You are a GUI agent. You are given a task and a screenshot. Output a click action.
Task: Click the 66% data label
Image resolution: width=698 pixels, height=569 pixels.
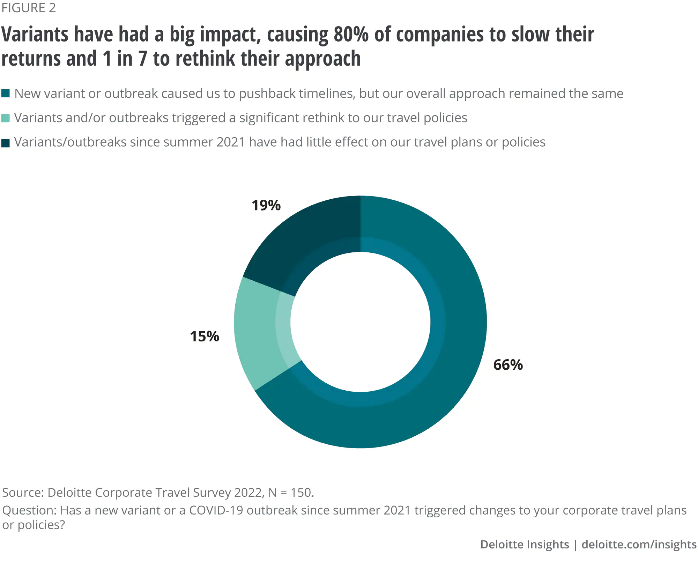tap(508, 365)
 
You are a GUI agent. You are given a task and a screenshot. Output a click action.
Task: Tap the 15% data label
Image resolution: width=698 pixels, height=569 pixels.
tap(205, 337)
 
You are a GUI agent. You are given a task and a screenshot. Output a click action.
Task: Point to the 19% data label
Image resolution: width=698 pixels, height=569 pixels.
tap(266, 205)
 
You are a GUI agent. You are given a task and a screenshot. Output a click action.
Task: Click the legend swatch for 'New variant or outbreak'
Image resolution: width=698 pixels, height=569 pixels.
tap(6, 94)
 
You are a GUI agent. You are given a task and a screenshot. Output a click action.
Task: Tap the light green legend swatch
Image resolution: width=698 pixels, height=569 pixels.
tap(6, 118)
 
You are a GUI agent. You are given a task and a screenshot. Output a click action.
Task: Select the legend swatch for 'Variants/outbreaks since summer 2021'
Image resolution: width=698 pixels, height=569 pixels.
tap(6, 142)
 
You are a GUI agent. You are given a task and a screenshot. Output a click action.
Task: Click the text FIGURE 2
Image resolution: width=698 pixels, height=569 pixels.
tap(29, 8)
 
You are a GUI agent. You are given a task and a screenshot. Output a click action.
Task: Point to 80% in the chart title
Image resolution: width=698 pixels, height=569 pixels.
tap(351, 35)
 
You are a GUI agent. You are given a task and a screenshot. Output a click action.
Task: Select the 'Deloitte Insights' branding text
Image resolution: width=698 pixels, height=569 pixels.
tap(525, 545)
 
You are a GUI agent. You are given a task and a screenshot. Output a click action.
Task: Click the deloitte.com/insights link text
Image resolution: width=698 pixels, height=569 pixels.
tap(639, 545)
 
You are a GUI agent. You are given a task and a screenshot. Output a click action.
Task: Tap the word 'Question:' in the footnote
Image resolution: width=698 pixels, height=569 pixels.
tap(29, 510)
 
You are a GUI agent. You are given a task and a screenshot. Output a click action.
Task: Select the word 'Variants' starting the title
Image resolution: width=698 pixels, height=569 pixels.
tap(35, 35)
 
